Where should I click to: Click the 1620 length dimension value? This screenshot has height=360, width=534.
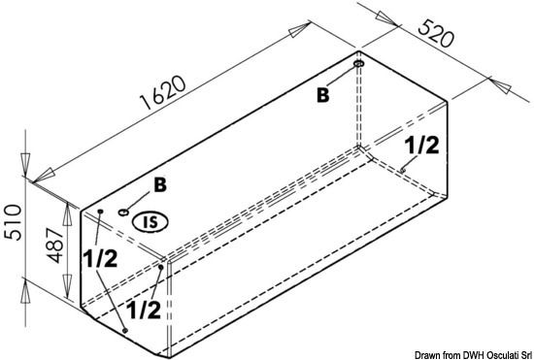(x=164, y=92)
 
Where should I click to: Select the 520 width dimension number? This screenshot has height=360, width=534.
(x=436, y=34)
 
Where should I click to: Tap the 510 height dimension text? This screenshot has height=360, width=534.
(x=13, y=223)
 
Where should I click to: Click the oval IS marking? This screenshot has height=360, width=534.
(x=150, y=222)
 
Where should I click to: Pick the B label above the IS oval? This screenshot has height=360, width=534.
(x=160, y=185)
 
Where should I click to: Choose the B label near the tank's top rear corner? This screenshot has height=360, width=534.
(x=323, y=95)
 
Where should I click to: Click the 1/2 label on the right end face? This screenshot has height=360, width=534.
(x=421, y=146)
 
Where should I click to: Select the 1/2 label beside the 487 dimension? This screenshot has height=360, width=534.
(x=100, y=259)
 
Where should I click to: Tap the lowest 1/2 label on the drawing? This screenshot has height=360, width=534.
(x=143, y=310)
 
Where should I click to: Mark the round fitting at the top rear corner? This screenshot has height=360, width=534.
(x=359, y=64)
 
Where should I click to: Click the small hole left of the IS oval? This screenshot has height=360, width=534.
(x=123, y=213)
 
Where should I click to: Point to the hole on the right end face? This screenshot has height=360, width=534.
(x=403, y=169)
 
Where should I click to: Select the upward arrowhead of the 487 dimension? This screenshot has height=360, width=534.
(x=67, y=215)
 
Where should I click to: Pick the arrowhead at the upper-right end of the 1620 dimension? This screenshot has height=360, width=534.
(x=299, y=30)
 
